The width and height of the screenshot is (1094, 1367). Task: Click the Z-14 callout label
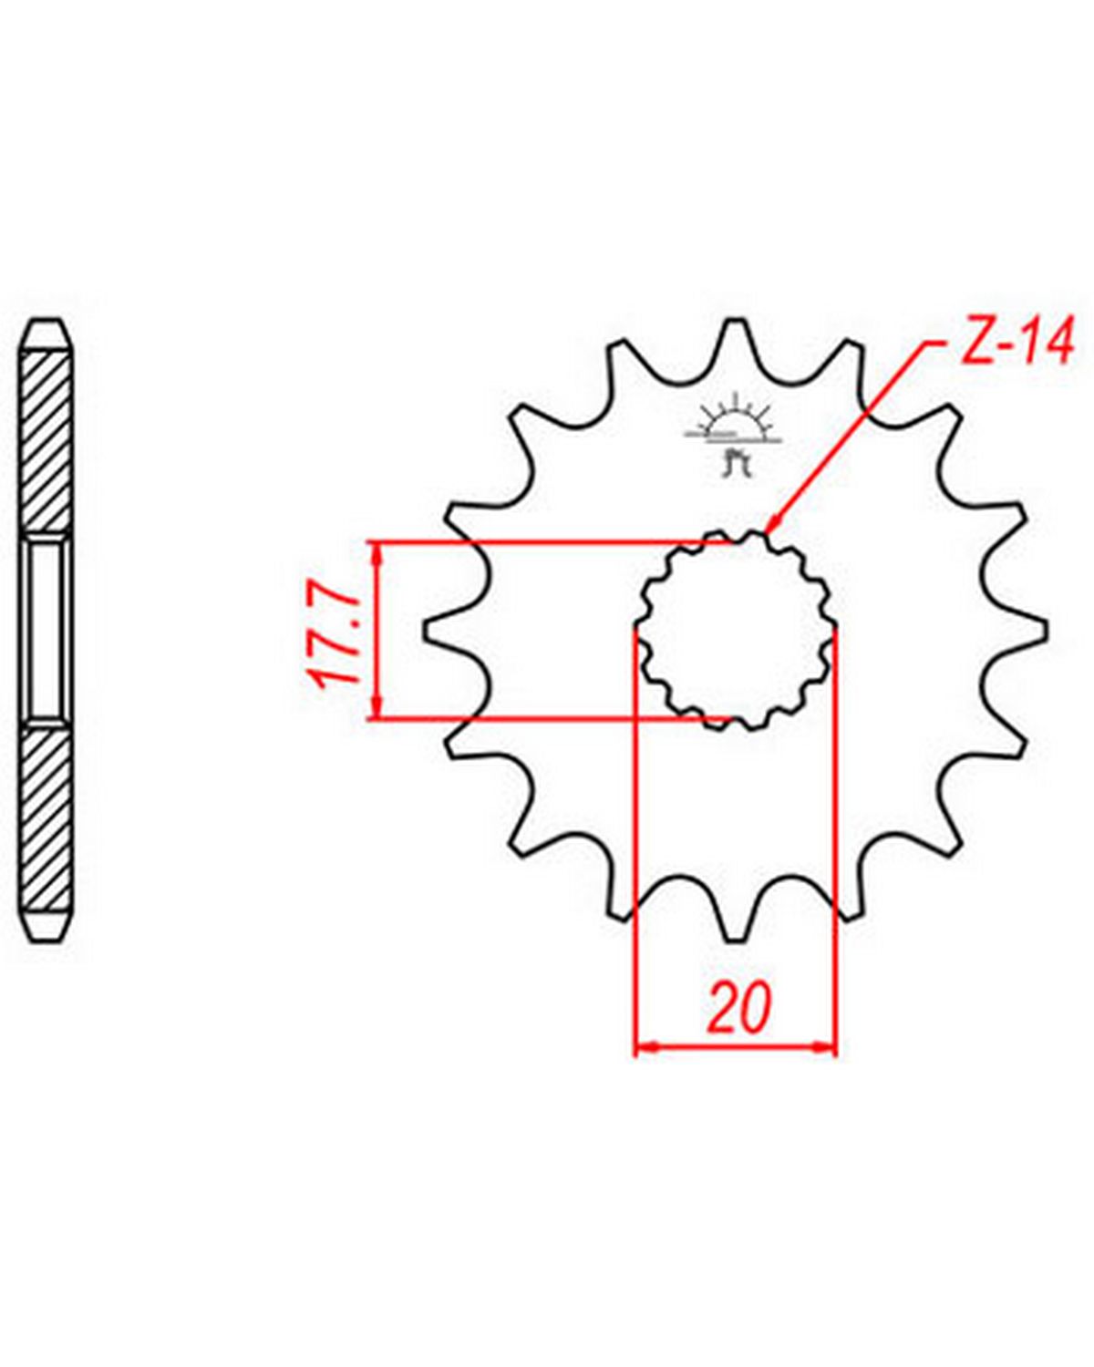[x=1017, y=343]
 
